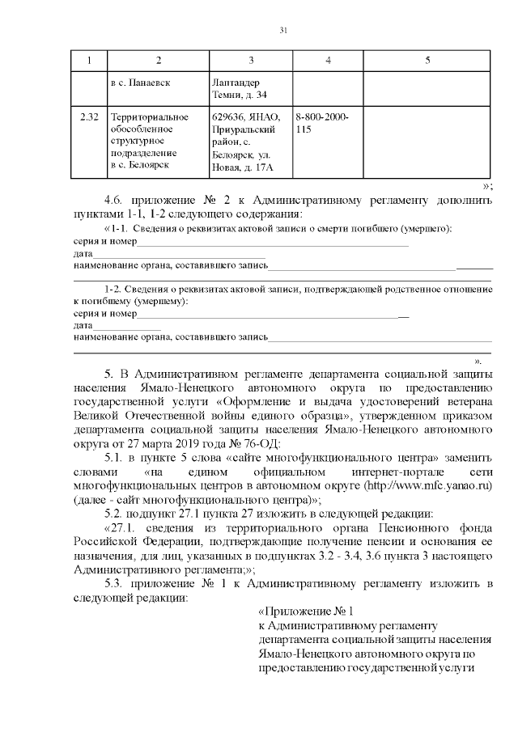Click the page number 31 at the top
[283, 31]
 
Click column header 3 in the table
[251, 61]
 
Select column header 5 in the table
[427, 61]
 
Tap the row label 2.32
[89, 117]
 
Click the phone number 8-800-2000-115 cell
[322, 123]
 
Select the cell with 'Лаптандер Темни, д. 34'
[236, 89]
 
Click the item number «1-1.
[116, 230]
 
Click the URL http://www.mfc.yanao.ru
[428, 484]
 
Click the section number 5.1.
[116, 457]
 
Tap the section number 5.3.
[116, 583]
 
